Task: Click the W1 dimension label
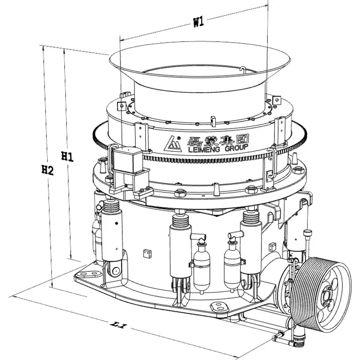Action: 198,21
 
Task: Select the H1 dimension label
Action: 67,157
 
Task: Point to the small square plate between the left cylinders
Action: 145,253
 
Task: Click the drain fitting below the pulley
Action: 278,336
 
